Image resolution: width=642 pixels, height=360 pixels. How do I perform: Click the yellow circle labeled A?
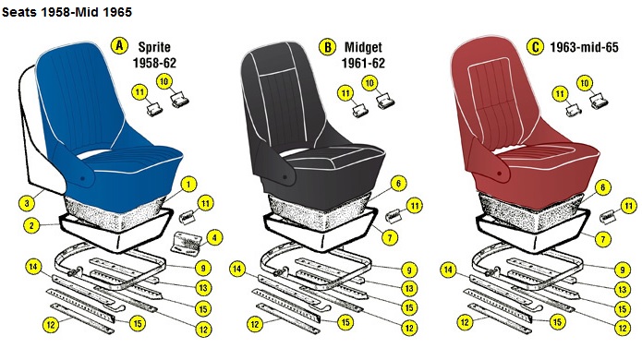tap(119, 45)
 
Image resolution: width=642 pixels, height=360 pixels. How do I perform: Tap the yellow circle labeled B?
tap(328, 47)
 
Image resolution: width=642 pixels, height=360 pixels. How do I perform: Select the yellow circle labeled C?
tap(535, 47)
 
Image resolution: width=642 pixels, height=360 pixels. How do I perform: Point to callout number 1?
tap(188, 185)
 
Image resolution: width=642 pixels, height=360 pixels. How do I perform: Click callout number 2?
tap(31, 225)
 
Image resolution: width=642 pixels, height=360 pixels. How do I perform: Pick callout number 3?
tap(27, 203)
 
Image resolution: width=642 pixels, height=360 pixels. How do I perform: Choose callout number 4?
tap(214, 237)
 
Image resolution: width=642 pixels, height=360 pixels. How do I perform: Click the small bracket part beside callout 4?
tap(187, 244)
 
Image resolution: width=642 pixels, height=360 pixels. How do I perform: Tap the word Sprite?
tap(154, 47)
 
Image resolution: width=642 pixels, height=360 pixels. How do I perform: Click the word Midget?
tap(363, 47)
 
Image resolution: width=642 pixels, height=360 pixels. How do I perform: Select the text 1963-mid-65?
tap(584, 47)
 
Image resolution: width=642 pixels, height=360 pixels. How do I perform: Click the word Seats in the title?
tap(19, 12)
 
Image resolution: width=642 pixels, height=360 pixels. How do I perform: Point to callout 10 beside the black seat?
tap(369, 84)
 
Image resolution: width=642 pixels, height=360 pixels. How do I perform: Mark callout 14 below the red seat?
tap(448, 270)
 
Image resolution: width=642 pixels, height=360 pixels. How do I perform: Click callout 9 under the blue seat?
tap(203, 269)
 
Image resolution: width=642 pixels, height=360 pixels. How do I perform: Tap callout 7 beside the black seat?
tap(390, 237)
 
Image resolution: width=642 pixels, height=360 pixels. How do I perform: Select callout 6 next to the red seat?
tap(602, 187)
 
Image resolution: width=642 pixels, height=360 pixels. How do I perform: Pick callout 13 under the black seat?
tap(409, 289)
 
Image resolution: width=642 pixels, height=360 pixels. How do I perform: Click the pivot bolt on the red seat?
tap(499, 174)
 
